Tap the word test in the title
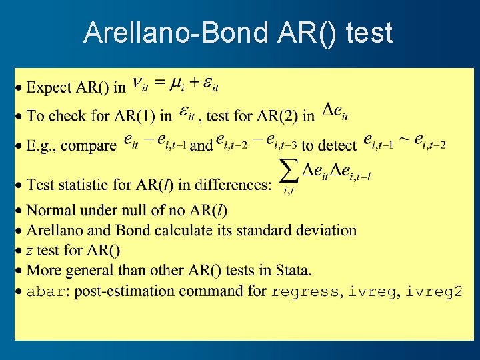click(x=369, y=33)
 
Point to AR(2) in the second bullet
click(x=276, y=116)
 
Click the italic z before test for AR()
click(x=29, y=251)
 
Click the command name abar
click(x=46, y=291)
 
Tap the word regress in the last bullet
click(x=305, y=291)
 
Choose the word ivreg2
click(x=433, y=291)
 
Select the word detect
click(x=337, y=145)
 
